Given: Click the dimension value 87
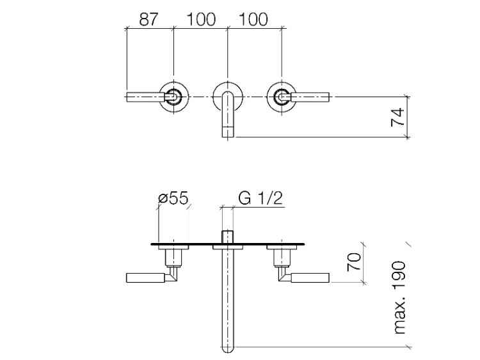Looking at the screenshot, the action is click(148, 20).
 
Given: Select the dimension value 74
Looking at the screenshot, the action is click(397, 117).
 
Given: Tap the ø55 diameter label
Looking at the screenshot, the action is click(173, 198).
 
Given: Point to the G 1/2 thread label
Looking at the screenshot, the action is click(260, 198).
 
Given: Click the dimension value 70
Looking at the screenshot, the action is click(354, 262).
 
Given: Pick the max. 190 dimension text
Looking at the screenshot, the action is click(400, 297).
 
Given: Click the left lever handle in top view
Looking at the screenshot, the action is click(146, 97).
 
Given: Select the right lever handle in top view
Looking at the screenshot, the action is click(310, 97).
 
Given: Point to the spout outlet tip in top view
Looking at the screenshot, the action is click(227, 132).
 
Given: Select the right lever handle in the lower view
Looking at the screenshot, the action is click(310, 278).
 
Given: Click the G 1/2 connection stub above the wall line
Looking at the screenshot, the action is click(227, 237).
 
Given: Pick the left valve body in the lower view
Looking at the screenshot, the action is click(173, 257).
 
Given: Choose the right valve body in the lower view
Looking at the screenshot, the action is click(282, 257).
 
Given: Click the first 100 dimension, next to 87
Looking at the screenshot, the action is click(201, 20).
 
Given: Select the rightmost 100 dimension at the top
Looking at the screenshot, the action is click(253, 20).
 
